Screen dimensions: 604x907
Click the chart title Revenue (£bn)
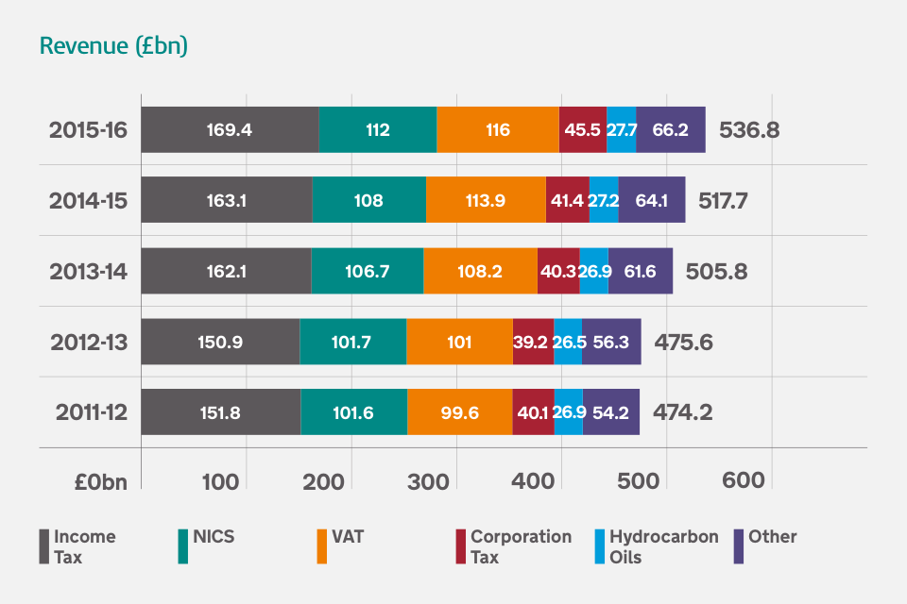pyautogui.click(x=112, y=46)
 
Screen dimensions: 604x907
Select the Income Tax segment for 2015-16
pyautogui.click(x=230, y=129)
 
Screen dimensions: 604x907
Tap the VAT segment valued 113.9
pyautogui.click(x=486, y=200)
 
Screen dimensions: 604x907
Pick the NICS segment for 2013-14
pyautogui.click(x=367, y=271)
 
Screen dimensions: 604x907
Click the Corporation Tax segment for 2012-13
pyautogui.click(x=533, y=342)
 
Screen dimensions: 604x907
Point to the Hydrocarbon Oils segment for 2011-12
pyautogui.click(x=568, y=412)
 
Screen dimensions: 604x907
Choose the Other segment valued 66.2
pyautogui.click(x=670, y=129)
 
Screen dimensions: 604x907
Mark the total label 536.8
pyautogui.click(x=749, y=129)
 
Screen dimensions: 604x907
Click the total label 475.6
pyautogui.click(x=683, y=342)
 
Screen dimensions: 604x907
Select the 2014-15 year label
pyautogui.click(x=88, y=200)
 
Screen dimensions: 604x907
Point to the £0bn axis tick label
pyautogui.click(x=100, y=480)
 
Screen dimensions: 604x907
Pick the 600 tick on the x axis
pyautogui.click(x=743, y=479)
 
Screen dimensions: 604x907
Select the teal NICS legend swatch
pyautogui.click(x=183, y=546)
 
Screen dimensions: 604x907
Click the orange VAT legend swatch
pyautogui.click(x=322, y=546)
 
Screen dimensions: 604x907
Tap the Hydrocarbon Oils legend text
pyautogui.click(x=663, y=546)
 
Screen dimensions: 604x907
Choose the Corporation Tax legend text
pyautogui.click(x=521, y=546)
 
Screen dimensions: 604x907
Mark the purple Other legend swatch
pyautogui.click(x=739, y=546)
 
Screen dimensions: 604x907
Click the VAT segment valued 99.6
pyautogui.click(x=459, y=412)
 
